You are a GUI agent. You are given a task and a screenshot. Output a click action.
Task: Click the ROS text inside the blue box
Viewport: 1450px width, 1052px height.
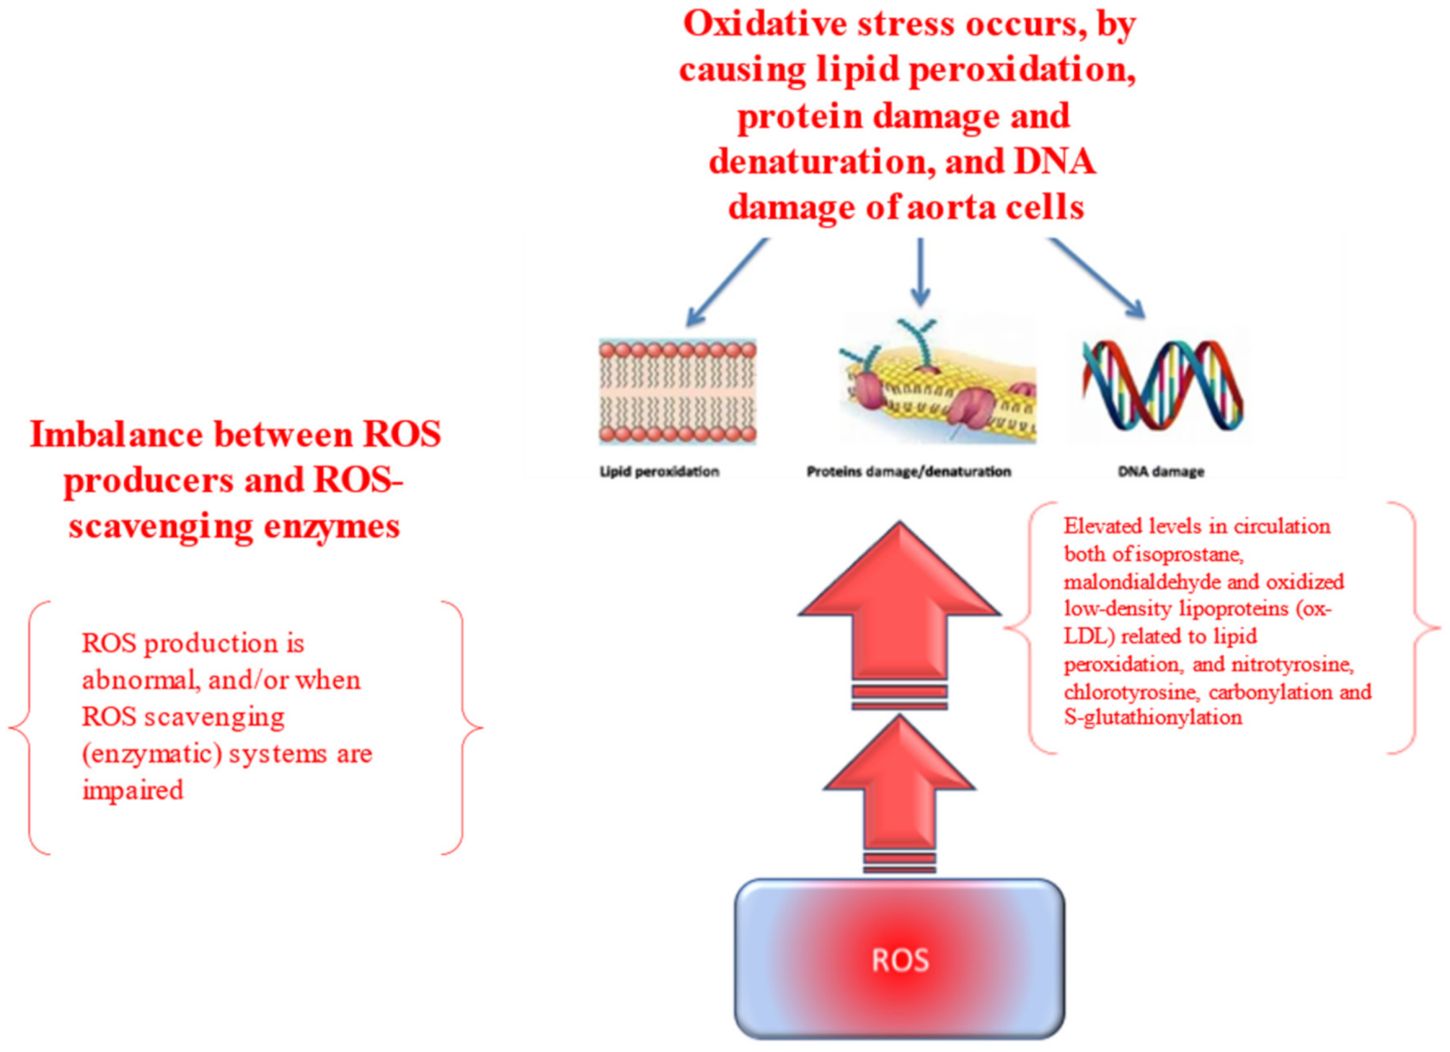899,960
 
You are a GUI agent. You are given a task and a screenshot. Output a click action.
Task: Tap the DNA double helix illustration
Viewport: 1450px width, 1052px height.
1162,386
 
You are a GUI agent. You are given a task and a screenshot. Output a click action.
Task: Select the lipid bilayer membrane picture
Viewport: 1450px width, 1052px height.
677,391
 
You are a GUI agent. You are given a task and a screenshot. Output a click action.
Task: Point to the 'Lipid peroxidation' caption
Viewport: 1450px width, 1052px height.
659,472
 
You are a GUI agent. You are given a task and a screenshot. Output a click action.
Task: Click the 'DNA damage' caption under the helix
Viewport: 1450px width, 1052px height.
1161,472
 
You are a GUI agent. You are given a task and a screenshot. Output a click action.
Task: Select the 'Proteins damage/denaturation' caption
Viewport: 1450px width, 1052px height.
908,472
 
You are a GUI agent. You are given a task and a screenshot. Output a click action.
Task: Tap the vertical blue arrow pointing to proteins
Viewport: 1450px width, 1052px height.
920,272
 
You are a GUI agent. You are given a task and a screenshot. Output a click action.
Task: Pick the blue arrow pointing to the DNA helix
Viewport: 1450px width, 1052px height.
1098,278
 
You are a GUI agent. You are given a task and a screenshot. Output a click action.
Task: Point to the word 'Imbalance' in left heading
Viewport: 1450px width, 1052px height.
116,435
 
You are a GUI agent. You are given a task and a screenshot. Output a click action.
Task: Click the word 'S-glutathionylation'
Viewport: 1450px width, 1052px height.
1153,718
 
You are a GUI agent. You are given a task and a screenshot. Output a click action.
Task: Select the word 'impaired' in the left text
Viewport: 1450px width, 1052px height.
133,790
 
